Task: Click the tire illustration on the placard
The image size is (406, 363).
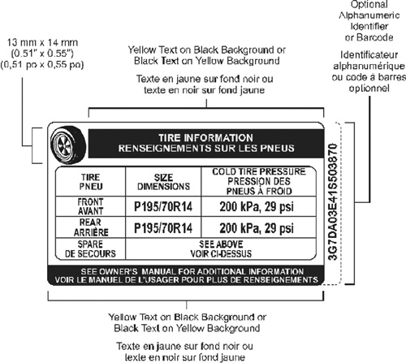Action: point(68,145)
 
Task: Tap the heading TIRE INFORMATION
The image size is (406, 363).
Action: point(205,138)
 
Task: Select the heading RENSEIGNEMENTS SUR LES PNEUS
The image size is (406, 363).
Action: point(206,148)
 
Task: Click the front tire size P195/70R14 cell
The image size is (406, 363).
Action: point(163,207)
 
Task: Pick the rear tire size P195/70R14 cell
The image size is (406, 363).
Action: point(163,228)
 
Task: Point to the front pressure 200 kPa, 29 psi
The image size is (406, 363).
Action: point(257,207)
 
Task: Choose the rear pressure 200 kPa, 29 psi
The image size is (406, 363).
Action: point(257,228)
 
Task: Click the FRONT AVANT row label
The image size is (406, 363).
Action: point(90,206)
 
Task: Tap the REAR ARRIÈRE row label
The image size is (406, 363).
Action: point(91,227)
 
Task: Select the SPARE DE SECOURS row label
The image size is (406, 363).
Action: point(90,249)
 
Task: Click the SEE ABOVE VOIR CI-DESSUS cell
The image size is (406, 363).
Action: point(221,249)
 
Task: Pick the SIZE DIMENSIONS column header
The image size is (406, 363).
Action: point(163,182)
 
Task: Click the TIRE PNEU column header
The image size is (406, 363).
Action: point(91,182)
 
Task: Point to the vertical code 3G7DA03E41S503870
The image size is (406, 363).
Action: point(332,201)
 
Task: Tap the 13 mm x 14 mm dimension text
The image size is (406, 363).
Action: point(42,42)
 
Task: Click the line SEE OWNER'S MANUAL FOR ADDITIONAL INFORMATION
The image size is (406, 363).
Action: point(192,271)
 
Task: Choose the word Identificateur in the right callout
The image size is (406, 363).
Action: point(369,55)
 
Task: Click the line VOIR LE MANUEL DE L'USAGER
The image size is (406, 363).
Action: point(186,279)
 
